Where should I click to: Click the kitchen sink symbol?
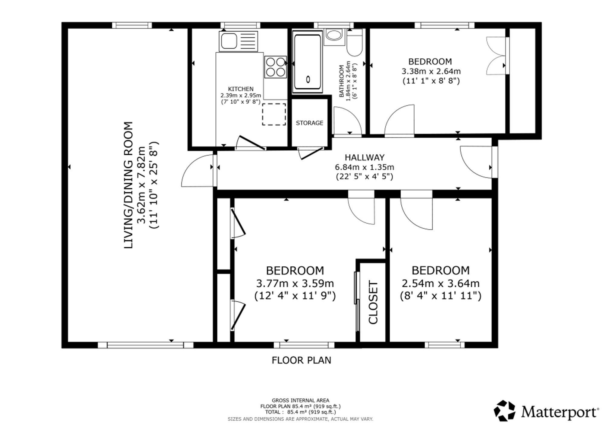tap(239, 41)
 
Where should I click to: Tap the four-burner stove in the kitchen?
tap(275, 67)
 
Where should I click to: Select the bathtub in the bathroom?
tap(307, 62)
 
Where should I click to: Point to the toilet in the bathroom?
tap(355, 43)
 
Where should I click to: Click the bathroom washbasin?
tap(334, 37)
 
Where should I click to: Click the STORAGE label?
tap(310, 123)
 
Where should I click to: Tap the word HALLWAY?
tap(365, 157)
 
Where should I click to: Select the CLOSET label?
tap(373, 303)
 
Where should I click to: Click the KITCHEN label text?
tap(241, 89)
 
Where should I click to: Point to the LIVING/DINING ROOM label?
tap(129, 185)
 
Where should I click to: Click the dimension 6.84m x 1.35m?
tap(365, 167)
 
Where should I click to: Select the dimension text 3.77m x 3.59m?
tap(295, 284)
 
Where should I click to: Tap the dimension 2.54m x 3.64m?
tap(441, 284)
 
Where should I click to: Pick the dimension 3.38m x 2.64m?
tap(431, 71)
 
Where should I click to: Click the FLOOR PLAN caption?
tap(301, 360)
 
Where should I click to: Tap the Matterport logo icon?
tap(504, 410)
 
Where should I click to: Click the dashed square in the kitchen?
tap(274, 114)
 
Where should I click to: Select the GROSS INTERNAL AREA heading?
tap(300, 400)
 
